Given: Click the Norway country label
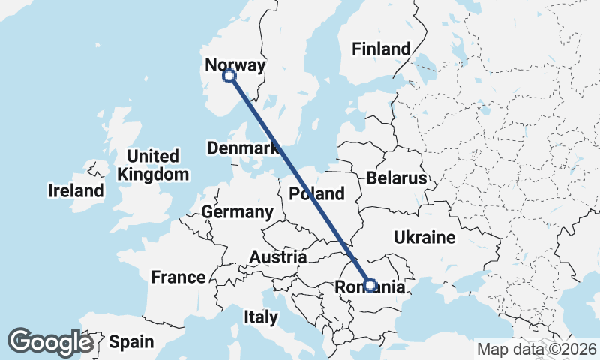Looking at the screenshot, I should [235, 65].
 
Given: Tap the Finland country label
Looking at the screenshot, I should [382, 49].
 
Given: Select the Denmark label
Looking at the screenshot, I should [243, 148].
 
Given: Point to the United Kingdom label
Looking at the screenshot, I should [153, 166].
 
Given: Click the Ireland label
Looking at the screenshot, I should [76, 190].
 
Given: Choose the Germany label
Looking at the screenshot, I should [237, 212].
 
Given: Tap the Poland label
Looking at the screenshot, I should [317, 194].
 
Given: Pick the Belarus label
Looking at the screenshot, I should [397, 178].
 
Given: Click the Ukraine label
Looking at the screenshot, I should [424, 238].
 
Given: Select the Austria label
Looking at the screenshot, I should [277, 257].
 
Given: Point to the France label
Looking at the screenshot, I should [178, 277].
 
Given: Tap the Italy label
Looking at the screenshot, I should [260, 317].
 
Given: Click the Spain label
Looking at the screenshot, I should [131, 342].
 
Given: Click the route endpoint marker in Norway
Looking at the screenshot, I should [229, 76].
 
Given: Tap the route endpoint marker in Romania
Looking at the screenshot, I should [370, 284].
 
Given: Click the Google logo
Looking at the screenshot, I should [50, 342].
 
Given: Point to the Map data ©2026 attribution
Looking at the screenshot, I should [537, 349].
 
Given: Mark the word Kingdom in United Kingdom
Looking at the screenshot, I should [153, 175].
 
